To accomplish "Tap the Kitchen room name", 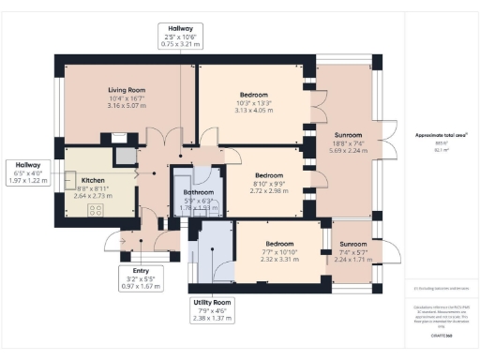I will pos(92,180).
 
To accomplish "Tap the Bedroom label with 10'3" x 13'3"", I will pos(253,95).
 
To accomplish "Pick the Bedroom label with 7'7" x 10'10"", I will pos(280,244).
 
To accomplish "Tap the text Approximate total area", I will pos(434,135).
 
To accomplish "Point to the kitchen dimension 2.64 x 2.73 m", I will pos(93,197).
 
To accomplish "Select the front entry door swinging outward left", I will pos(114,242).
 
